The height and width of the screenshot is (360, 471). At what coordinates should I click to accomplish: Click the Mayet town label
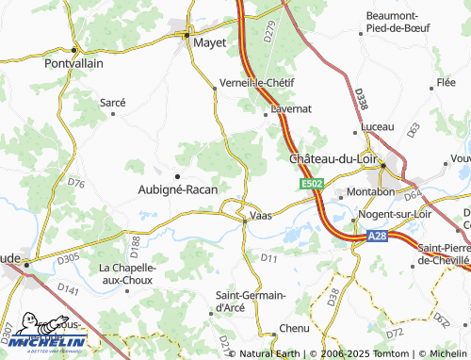pos(210,42)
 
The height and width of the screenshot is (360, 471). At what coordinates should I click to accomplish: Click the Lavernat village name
pos(291,109)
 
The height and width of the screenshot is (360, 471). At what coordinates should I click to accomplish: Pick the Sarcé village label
pos(113,100)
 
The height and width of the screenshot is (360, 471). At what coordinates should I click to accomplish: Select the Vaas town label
pos(261,216)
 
